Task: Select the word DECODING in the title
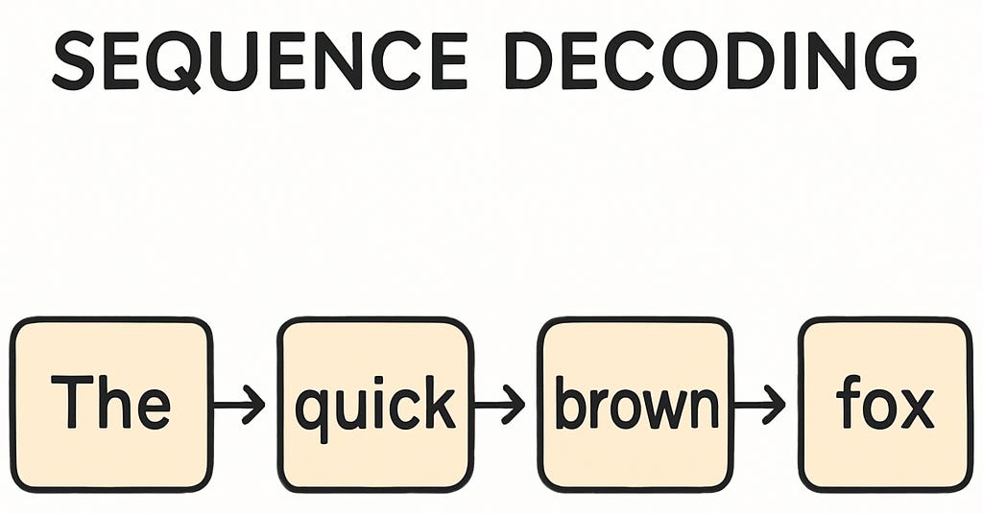711,60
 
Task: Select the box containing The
110,404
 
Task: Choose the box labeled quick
375,404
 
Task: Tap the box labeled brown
635,404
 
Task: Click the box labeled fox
885,404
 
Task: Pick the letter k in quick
440,402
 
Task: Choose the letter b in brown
568,403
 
